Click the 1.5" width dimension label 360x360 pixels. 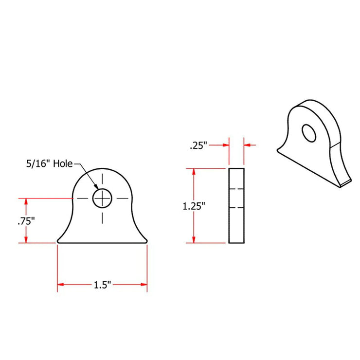[103, 285]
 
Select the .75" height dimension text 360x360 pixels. [26, 220]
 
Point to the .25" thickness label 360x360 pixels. [198, 145]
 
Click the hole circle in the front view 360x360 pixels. [102, 198]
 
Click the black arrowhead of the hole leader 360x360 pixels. [96, 188]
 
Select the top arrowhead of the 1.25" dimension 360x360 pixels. [195, 172]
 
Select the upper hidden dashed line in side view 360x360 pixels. [237, 188]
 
